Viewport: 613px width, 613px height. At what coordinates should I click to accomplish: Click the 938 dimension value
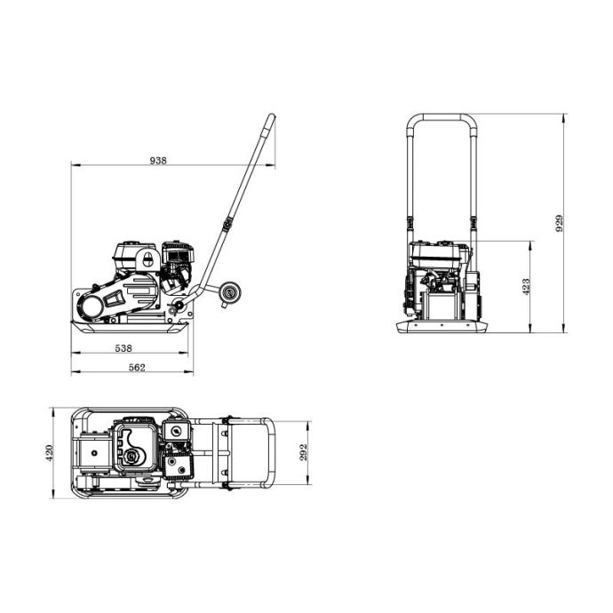pyautogui.click(x=158, y=160)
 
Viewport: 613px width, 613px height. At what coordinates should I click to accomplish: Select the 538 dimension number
pyautogui.click(x=123, y=348)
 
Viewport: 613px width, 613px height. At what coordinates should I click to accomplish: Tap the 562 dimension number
pyautogui.click(x=137, y=368)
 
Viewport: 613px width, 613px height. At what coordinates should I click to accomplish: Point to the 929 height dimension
pyautogui.click(x=560, y=223)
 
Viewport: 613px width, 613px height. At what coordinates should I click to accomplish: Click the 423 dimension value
pyautogui.click(x=526, y=287)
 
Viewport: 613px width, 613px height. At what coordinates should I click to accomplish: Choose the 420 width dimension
pyautogui.click(x=49, y=453)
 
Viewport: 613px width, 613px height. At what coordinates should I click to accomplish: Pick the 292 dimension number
pyautogui.click(x=304, y=452)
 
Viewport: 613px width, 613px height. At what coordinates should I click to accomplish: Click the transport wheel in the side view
pyautogui.click(x=230, y=292)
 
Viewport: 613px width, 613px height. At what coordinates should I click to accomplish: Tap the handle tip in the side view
pyautogui.click(x=272, y=116)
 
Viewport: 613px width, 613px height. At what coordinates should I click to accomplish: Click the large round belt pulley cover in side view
pyautogui.click(x=91, y=306)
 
